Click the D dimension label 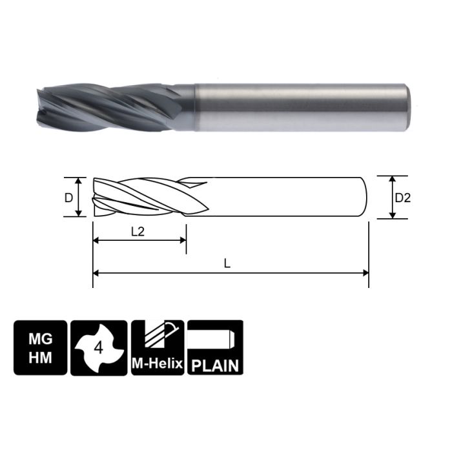[x=68, y=198]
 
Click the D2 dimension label [x=402, y=198]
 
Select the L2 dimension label [x=138, y=231]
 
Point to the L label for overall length [x=226, y=263]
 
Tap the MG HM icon [x=39, y=347]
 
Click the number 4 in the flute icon [x=99, y=348]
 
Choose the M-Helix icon [x=158, y=347]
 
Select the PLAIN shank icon [x=215, y=347]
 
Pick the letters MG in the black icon [x=39, y=338]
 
